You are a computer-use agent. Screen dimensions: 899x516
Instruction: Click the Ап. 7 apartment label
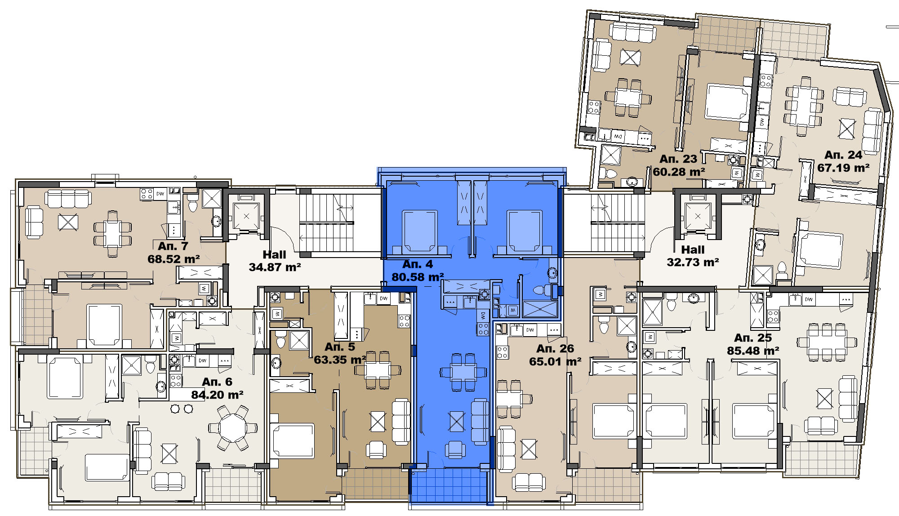[173, 246]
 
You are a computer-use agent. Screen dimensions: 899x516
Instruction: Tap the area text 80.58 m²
[418, 277]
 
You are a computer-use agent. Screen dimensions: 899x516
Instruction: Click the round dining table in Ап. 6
[233, 427]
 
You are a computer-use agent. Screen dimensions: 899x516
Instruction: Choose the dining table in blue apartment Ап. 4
[463, 372]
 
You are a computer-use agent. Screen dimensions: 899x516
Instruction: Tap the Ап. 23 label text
[678, 159]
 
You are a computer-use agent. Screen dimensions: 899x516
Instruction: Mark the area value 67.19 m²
[843, 168]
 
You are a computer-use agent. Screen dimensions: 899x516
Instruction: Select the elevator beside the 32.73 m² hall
[698, 216]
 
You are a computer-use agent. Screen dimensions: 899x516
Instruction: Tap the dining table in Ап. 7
[113, 234]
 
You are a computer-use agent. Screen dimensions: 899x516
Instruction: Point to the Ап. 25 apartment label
[753, 338]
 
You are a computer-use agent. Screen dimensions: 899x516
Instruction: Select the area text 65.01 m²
[555, 362]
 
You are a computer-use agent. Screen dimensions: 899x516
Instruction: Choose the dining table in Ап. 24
[805, 107]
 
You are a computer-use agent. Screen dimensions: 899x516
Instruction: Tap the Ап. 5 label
[340, 347]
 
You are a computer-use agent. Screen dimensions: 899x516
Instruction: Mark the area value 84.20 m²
[217, 395]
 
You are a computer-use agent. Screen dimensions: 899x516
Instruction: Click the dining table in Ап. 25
[826, 343]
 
